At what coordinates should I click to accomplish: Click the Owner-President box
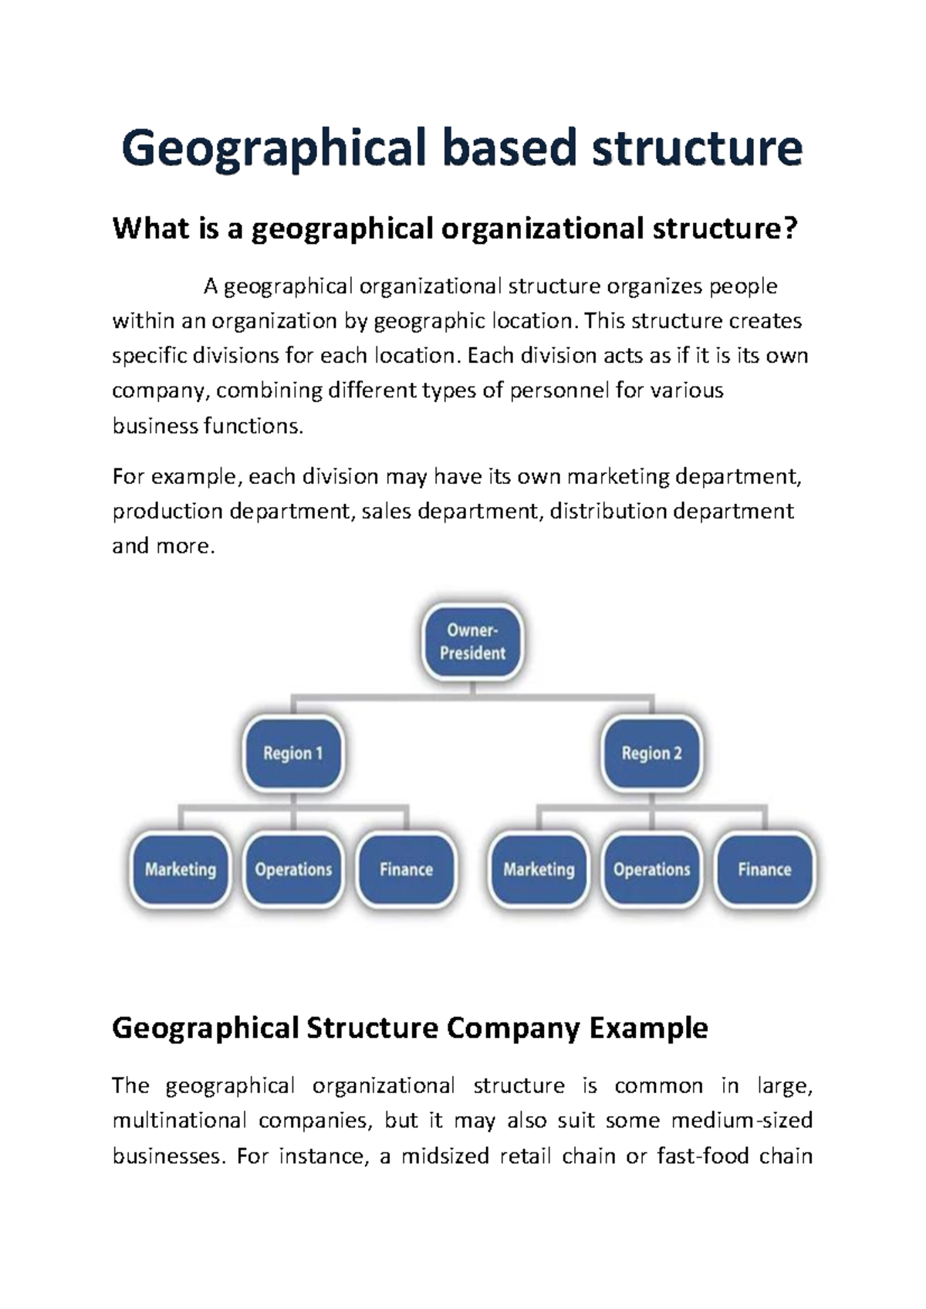pos(472,642)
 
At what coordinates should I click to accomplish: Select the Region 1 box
pos(292,753)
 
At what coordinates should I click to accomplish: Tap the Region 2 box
pos(652,753)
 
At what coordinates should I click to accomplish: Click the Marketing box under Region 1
pos(181,870)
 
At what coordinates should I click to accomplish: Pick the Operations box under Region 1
pos(293,870)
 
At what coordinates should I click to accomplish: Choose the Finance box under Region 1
pos(406,870)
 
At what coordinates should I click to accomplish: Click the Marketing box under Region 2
pos(539,870)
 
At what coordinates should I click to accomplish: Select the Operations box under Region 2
pos(652,870)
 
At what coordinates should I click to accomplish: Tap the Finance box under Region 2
pos(765,870)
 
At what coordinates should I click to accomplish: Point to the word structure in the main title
pos(697,148)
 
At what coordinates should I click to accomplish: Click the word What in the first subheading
pos(144,229)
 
